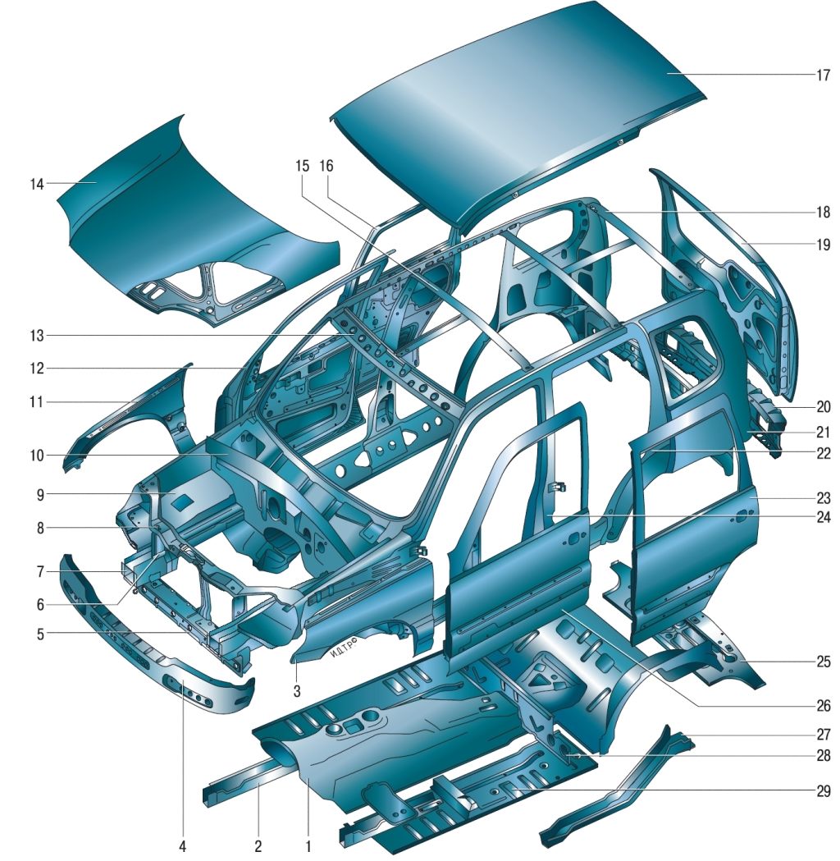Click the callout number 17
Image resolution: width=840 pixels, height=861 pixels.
coord(823,75)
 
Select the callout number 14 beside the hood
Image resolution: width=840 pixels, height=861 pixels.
coord(37,184)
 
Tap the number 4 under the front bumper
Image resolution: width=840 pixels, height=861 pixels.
coord(183,846)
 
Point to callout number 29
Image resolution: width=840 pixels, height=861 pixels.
coord(823,791)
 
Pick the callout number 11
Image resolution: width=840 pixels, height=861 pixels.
coord(36,402)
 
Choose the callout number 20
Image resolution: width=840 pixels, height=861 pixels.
coord(823,406)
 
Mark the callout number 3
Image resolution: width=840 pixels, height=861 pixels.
coord(297,691)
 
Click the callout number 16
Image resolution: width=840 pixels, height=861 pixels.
coord(326,165)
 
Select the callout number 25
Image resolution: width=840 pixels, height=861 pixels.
coord(823,662)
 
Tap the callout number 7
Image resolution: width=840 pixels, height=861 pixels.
coord(40,572)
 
